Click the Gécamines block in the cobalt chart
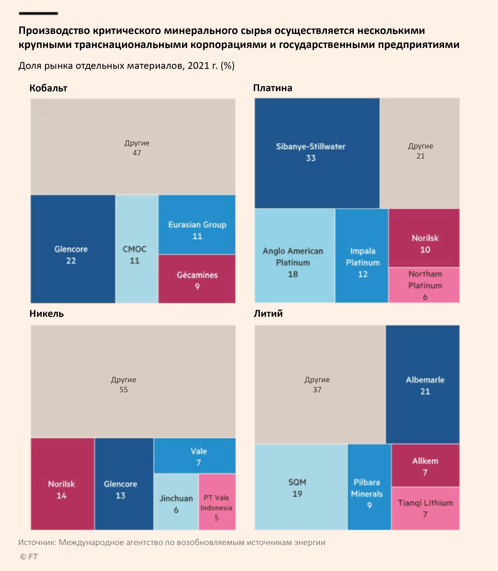(x=197, y=279)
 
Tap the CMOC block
(x=137, y=249)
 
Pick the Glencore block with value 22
(x=73, y=249)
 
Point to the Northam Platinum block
(x=424, y=285)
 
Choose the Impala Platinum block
(x=361, y=256)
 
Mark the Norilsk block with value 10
(x=424, y=238)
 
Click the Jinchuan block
(x=176, y=502)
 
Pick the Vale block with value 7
(x=195, y=456)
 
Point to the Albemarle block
(x=423, y=384)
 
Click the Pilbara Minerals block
(x=369, y=487)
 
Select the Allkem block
(x=425, y=466)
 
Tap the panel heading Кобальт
(x=48, y=88)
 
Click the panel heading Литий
(x=268, y=313)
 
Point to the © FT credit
(x=29, y=557)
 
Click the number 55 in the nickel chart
(x=124, y=390)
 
